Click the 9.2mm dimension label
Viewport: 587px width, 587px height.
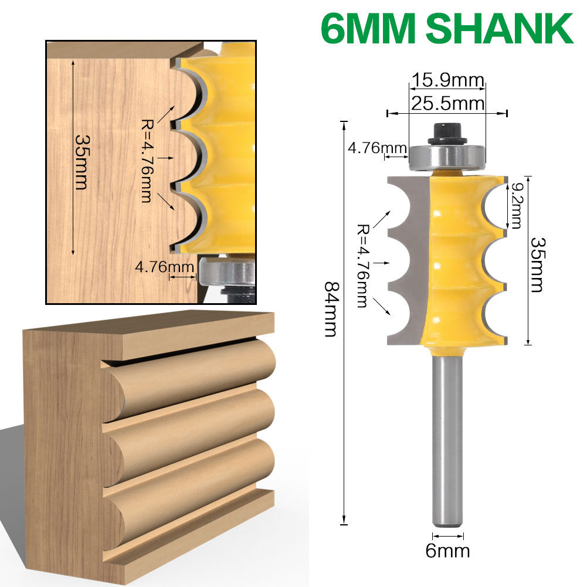point(516,205)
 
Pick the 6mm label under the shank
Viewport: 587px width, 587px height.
point(448,551)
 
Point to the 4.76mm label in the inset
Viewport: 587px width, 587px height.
point(165,267)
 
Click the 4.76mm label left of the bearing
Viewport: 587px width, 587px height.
point(369,147)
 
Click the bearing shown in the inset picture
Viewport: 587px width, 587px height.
point(226,271)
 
